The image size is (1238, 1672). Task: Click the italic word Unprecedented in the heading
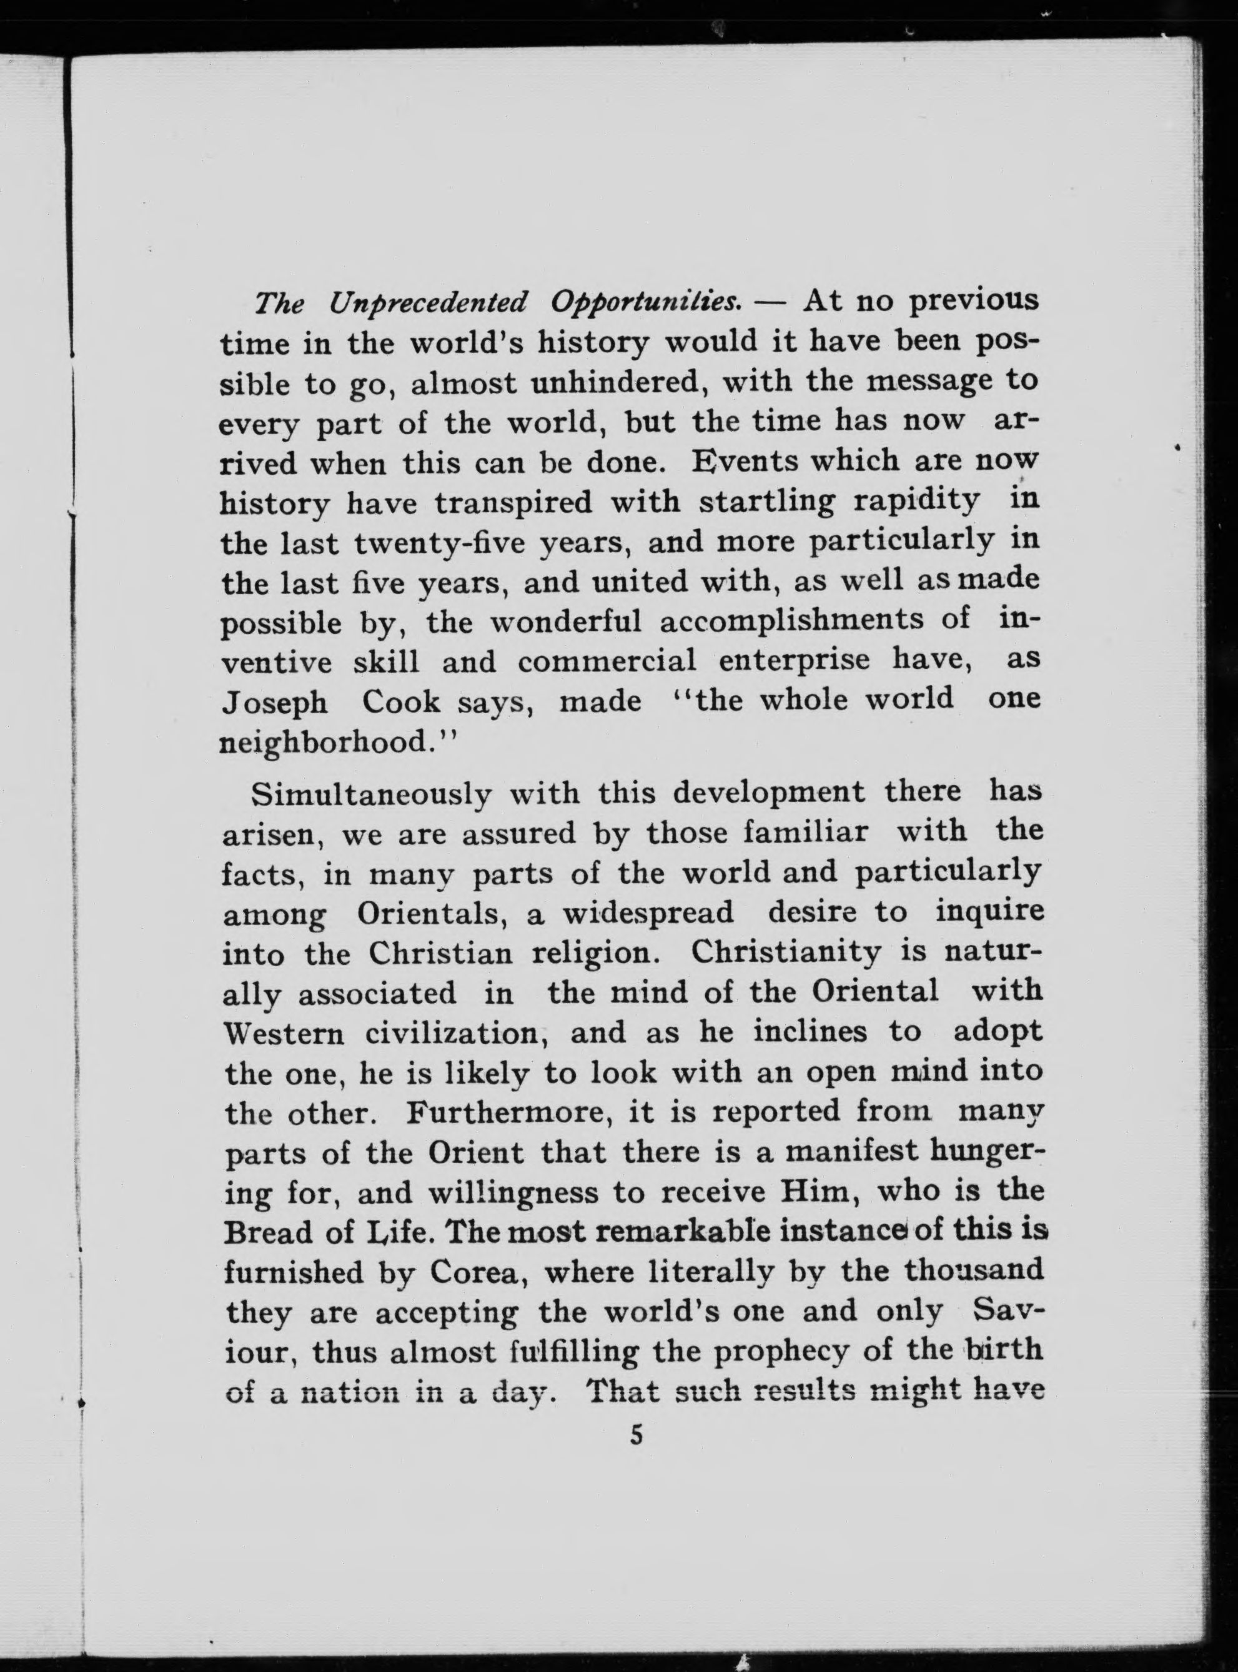pyautogui.click(x=428, y=304)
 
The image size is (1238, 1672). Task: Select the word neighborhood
pyautogui.click(x=326, y=743)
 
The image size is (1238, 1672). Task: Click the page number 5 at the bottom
pyautogui.click(x=636, y=1435)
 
